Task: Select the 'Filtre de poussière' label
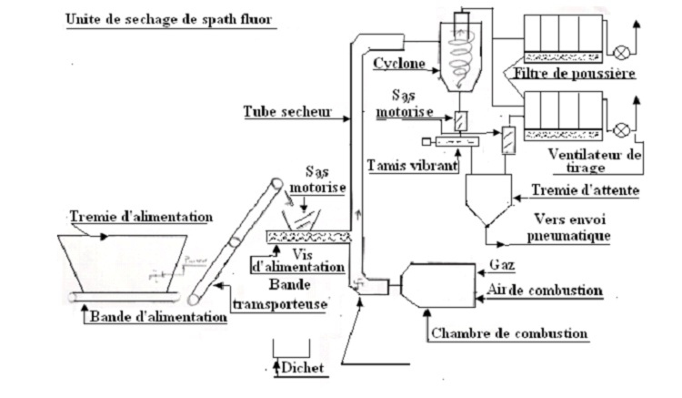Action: tap(573, 72)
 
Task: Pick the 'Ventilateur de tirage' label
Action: tap(595, 160)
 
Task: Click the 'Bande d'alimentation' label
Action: tap(155, 317)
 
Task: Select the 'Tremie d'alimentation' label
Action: tap(141, 216)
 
